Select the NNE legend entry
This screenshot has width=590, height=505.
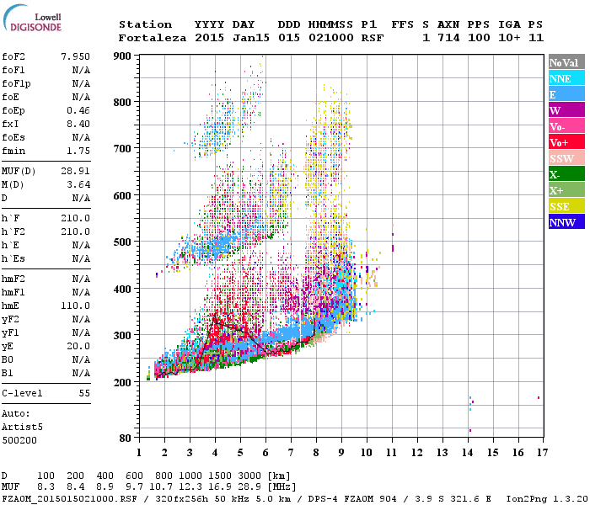point(566,78)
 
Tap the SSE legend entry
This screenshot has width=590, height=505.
point(566,206)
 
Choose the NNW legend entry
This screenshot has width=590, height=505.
point(566,222)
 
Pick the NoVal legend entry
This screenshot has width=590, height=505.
point(566,62)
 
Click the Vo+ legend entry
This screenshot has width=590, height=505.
point(566,142)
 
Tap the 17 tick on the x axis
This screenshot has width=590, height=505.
point(539,452)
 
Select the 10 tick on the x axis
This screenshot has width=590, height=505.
point(366,452)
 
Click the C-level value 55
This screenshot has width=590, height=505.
point(84,393)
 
